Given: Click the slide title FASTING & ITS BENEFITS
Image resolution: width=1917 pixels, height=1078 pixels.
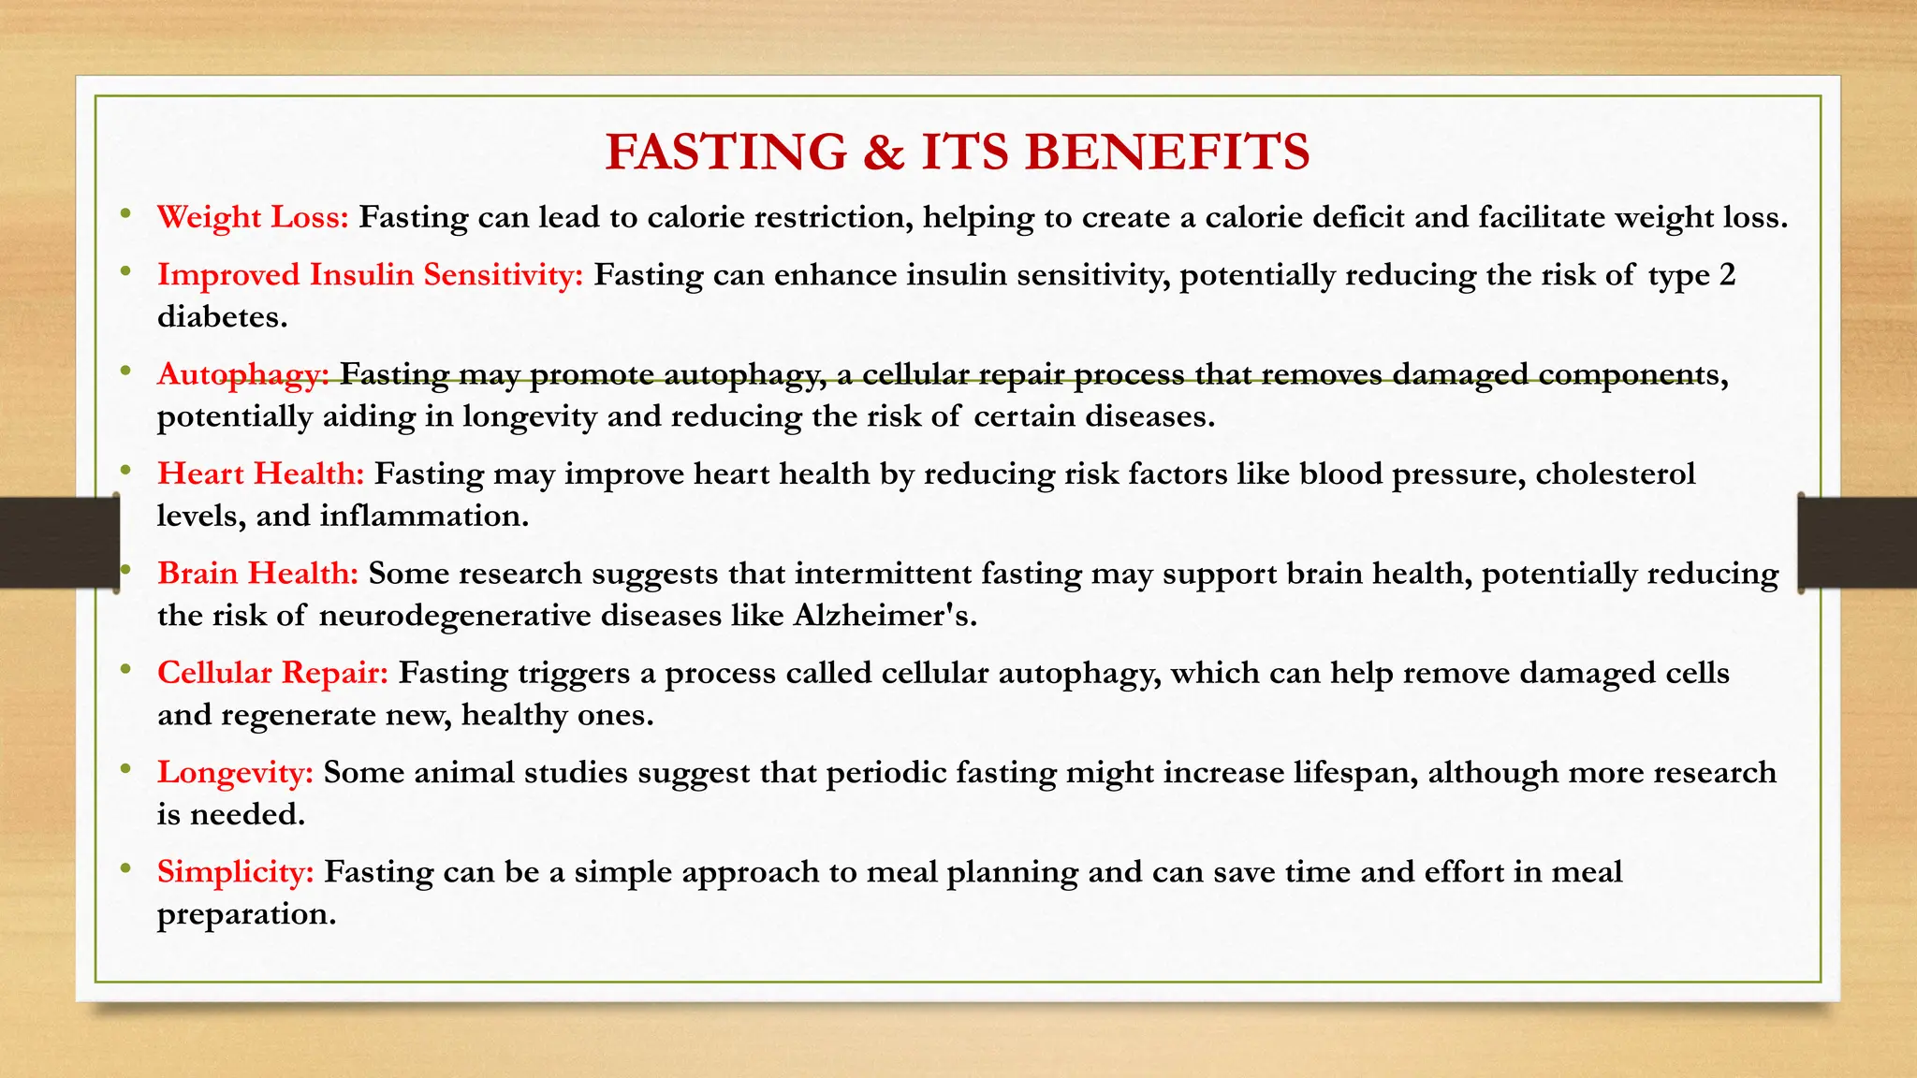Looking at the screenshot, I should click(957, 153).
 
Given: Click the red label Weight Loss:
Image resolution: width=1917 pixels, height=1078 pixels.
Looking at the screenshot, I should click(253, 218).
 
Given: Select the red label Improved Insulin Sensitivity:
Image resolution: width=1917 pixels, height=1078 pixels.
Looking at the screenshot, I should click(370, 275).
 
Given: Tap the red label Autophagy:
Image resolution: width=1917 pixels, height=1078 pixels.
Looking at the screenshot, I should click(242, 374).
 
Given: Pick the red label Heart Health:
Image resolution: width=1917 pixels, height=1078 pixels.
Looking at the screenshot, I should click(260, 473).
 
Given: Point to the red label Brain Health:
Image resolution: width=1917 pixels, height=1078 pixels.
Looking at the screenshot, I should click(257, 573).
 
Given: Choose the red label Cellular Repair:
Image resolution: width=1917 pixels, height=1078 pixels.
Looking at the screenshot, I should click(272, 673).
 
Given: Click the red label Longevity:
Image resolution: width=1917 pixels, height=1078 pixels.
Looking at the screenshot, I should click(235, 773).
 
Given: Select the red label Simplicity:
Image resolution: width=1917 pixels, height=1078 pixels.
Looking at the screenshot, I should click(235, 872).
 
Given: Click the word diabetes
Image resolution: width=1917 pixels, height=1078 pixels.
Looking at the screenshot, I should click(222, 317).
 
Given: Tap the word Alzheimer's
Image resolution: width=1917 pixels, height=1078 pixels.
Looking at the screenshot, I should click(885, 616).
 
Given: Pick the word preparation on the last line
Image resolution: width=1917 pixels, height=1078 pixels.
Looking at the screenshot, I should click(246, 915).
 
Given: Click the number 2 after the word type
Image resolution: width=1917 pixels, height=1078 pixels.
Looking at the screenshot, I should click(1727, 275).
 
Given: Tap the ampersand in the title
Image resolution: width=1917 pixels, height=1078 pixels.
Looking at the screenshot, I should click(884, 153).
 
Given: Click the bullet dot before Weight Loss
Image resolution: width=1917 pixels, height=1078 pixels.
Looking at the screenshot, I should click(125, 214).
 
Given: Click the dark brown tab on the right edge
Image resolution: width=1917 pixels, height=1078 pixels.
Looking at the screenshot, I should click(1858, 543).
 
